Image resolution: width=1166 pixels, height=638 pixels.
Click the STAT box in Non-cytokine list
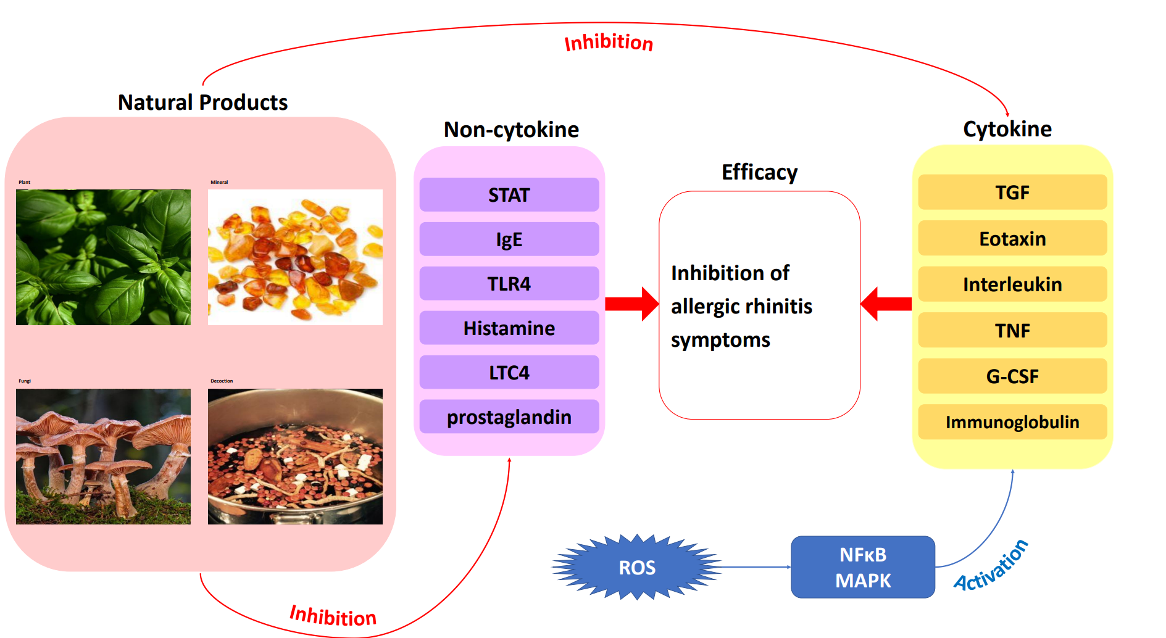(509, 195)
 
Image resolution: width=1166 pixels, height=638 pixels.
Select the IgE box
(509, 239)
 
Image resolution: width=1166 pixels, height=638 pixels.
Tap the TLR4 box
(509, 284)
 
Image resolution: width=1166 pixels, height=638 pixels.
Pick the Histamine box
(509, 328)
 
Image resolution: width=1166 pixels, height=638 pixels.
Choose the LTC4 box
(509, 373)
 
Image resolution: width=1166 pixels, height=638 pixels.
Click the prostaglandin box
(509, 417)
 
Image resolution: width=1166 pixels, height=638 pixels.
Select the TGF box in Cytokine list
(1012, 193)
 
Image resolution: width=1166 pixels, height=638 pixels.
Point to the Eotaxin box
(1012, 238)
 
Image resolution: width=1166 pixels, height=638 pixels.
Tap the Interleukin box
(1012, 284)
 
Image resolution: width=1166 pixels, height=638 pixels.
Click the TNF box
(1012, 330)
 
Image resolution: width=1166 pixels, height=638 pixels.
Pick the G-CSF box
(1012, 376)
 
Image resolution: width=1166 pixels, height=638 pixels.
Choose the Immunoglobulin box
(1012, 422)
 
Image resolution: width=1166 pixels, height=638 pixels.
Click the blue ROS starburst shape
(637, 567)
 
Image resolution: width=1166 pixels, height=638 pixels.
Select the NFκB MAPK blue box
(862, 567)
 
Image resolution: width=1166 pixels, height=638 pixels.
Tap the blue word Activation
(991, 566)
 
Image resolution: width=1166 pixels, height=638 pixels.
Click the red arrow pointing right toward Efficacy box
(631, 304)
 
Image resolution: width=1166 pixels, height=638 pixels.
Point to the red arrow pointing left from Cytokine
(886, 304)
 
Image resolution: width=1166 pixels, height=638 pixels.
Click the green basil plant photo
(103, 257)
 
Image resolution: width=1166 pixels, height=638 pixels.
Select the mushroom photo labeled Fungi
(103, 457)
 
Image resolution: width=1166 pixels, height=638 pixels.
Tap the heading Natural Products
(202, 102)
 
